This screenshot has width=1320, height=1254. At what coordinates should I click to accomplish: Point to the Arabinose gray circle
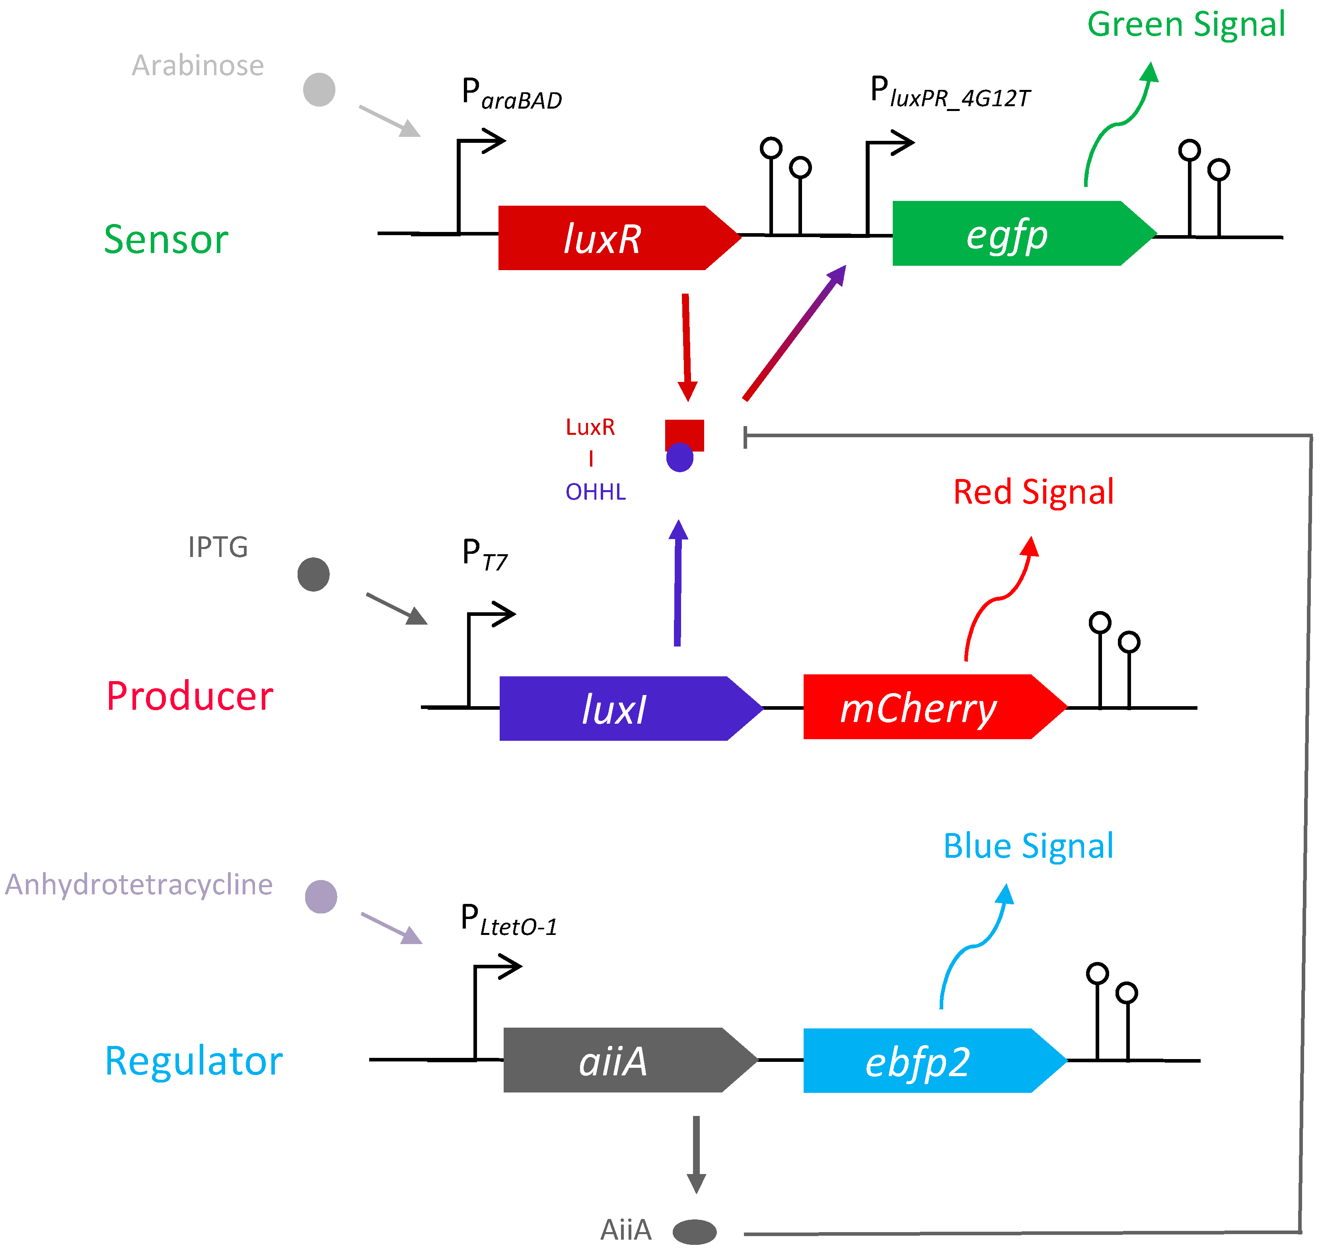pyautogui.click(x=319, y=90)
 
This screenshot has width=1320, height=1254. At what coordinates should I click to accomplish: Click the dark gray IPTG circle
pyautogui.click(x=313, y=574)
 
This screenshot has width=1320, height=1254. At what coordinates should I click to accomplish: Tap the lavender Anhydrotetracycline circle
pyautogui.click(x=321, y=896)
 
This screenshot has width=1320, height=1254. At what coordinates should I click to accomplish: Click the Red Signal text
pyautogui.click(x=1033, y=493)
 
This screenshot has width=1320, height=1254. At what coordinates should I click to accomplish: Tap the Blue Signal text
pyautogui.click(x=1028, y=847)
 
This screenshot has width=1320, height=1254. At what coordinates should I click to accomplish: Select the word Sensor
pyautogui.click(x=166, y=240)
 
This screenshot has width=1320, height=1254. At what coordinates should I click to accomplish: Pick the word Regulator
pyautogui.click(x=194, y=1061)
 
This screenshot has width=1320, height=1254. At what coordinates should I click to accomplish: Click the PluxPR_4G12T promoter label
pyautogui.click(x=949, y=93)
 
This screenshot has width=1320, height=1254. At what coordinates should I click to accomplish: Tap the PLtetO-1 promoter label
pyautogui.click(x=508, y=921)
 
